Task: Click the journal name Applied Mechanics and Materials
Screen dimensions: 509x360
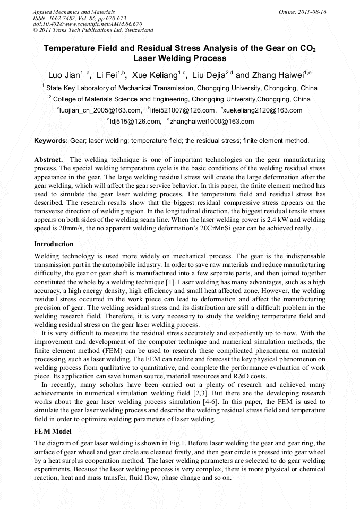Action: [x=74, y=11]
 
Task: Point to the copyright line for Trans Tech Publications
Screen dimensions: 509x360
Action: [x=93, y=30]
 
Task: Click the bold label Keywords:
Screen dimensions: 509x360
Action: [x=51, y=141]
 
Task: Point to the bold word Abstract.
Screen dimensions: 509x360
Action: [x=49, y=160]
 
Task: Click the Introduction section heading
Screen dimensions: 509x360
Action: [x=54, y=244]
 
